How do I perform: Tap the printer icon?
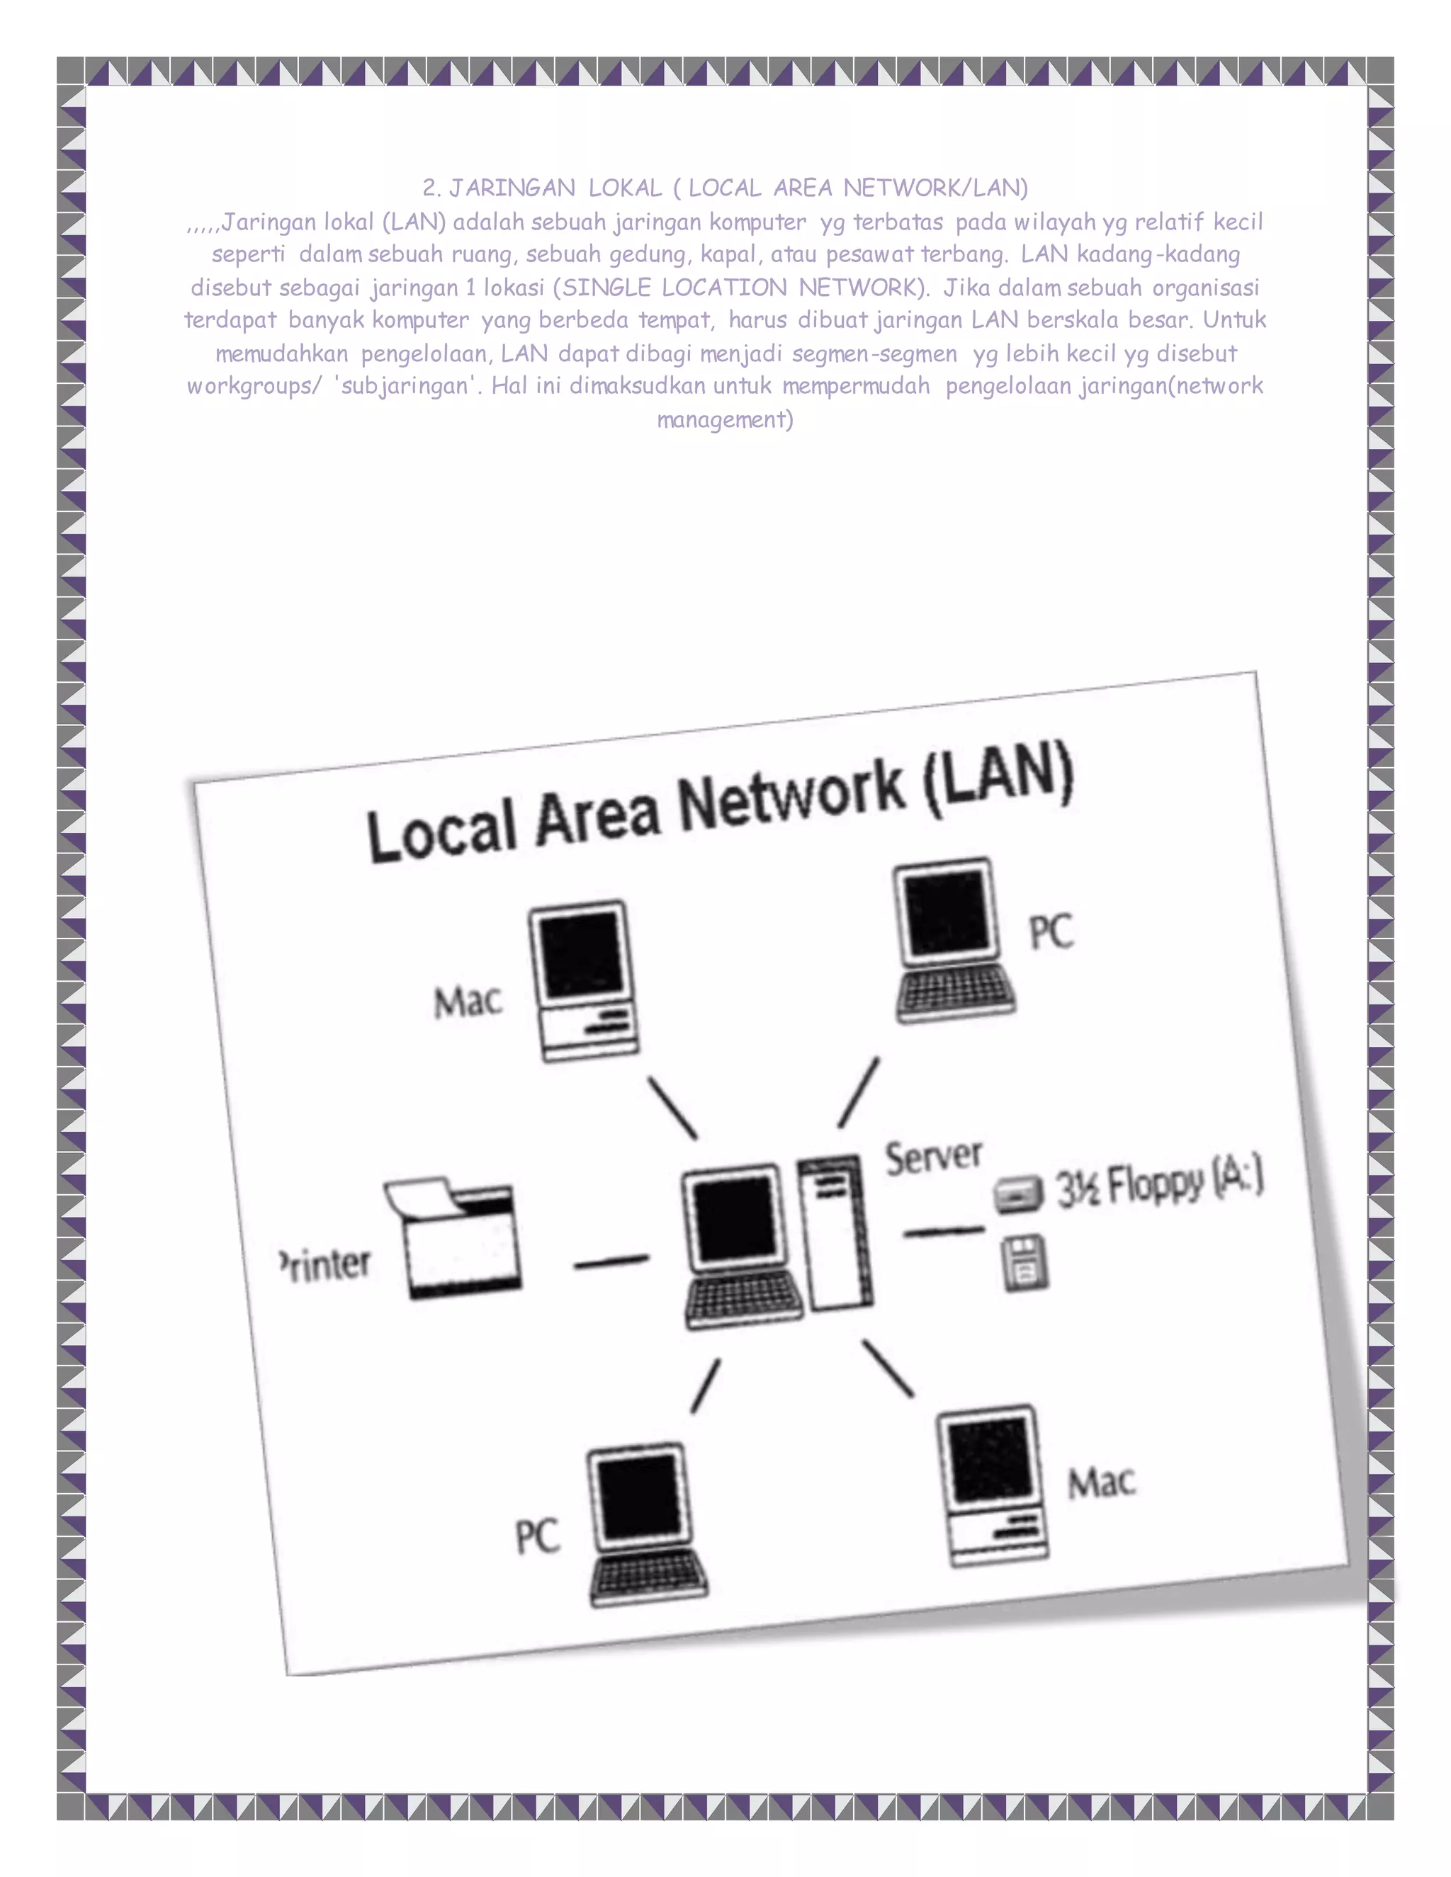[454, 1237]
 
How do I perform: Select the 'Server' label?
[934, 1157]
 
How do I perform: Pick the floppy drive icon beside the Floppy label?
[1019, 1195]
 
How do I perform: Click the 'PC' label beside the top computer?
[1051, 931]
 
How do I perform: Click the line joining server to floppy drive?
[943, 1232]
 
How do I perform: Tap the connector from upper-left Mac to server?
[672, 1108]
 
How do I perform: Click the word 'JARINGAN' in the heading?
[512, 188]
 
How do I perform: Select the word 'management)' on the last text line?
[725, 419]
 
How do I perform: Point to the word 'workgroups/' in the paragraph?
[254, 386]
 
